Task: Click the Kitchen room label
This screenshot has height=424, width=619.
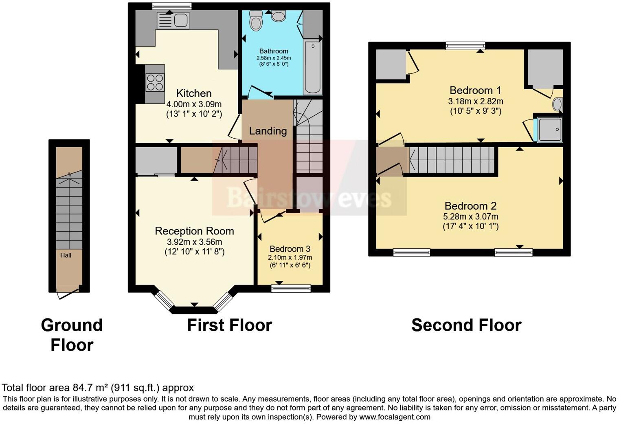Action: [194, 93]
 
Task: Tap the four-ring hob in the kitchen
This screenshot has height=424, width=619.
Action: [155, 82]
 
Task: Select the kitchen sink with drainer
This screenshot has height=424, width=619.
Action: [173, 20]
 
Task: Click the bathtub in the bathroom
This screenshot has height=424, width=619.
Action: [312, 67]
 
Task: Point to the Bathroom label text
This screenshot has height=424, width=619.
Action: [274, 51]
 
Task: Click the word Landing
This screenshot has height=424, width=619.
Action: [268, 131]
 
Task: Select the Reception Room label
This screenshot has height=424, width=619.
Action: [194, 231]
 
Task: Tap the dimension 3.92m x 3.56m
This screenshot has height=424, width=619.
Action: [194, 242]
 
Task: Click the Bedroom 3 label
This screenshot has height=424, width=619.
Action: [290, 249]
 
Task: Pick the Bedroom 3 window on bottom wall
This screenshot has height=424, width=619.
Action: [291, 289]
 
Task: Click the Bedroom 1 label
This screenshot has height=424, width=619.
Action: [475, 90]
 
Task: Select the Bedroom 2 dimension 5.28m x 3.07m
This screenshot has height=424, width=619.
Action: [470, 216]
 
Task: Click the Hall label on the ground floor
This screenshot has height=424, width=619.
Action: [66, 255]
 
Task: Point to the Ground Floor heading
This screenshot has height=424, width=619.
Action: [72, 335]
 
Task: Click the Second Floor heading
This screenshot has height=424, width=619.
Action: [466, 325]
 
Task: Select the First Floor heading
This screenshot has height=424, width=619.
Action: [229, 325]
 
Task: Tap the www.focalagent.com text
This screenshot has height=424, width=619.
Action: [394, 417]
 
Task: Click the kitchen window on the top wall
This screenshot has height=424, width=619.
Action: [171, 6]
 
